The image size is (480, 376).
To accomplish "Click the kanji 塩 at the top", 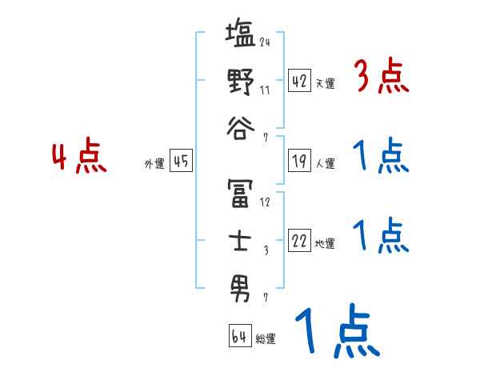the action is tap(240, 36).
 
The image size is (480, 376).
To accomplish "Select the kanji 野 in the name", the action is tap(240, 82).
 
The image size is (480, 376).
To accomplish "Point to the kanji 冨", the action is tap(240, 191).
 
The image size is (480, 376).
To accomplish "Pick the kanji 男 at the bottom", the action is tap(240, 286).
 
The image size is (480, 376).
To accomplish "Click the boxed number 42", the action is tap(299, 82).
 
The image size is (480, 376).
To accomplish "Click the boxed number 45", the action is tap(180, 162).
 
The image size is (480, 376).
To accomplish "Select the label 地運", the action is tap(325, 244).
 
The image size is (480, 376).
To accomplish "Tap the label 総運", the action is tap(266, 339).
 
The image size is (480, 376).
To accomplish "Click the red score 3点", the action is tap(381, 78).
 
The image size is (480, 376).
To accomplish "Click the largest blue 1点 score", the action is tap(336, 330).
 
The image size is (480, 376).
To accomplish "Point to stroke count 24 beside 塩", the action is tap(265, 42).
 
